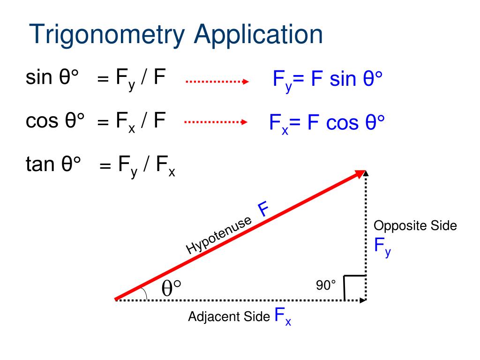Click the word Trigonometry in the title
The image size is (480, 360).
107,35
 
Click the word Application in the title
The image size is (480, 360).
258,35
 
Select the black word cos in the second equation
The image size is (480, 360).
41,120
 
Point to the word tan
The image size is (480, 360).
40,164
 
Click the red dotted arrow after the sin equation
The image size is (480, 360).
217,82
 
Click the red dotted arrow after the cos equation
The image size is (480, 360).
216,122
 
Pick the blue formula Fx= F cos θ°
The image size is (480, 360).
327,123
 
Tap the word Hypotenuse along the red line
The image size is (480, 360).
219,235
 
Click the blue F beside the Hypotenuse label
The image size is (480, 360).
263,209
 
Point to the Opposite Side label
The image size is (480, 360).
415,226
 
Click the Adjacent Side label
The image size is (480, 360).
229,316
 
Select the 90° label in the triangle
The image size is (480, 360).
326,285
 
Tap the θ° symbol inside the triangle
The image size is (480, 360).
171,288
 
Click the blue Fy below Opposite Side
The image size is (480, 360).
382,247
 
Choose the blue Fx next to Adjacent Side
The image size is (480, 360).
283,316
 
